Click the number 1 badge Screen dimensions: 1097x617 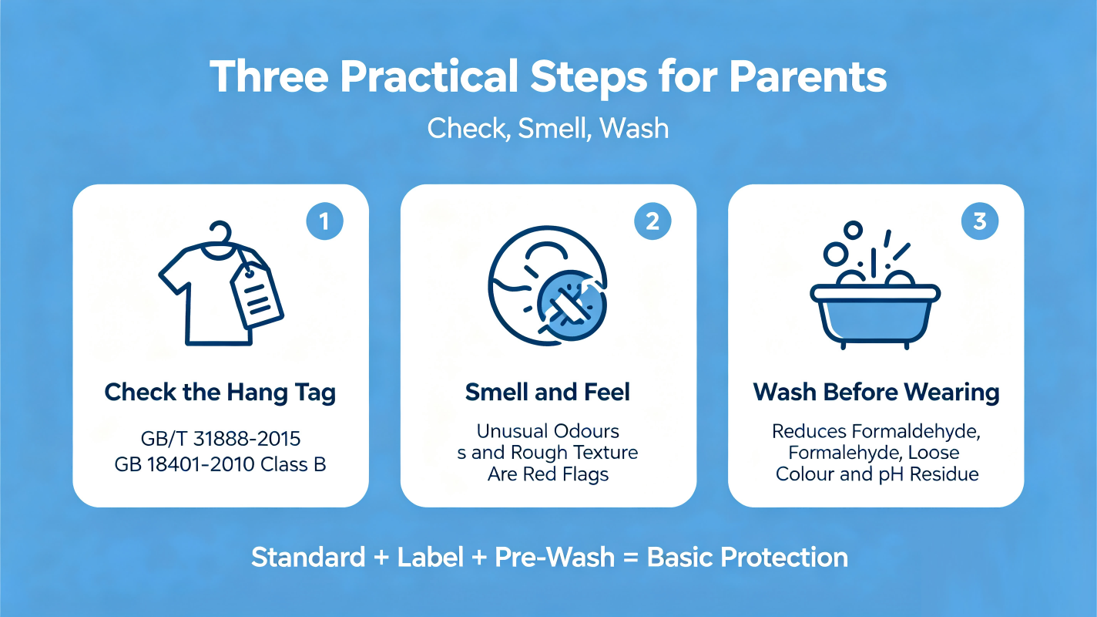pos(324,221)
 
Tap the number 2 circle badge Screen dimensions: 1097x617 pos(652,221)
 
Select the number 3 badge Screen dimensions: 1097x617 pos(980,221)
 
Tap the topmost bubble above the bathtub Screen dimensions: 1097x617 pos(853,230)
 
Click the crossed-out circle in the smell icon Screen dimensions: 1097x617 pos(572,305)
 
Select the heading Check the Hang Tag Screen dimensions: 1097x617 pos(220,393)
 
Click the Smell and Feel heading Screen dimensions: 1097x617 pos(548,393)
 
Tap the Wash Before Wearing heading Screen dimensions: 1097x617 pos(876,393)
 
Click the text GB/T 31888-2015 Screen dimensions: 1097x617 pos(220,439)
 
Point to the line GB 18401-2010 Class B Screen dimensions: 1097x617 pos(220,464)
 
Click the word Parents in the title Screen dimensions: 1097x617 pos(808,77)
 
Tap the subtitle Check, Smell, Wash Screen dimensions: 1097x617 pos(548,129)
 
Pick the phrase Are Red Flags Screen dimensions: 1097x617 pos(548,474)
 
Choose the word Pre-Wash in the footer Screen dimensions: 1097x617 pos(555,558)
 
